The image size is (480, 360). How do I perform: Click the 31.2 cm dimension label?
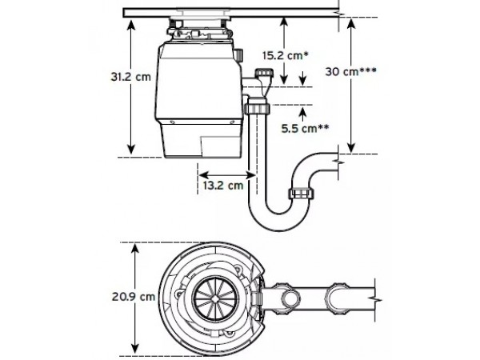click(x=130, y=77)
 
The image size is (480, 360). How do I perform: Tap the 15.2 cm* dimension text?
click(x=286, y=55)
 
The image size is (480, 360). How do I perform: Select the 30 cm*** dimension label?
click(x=351, y=71)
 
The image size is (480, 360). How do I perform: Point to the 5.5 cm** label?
click(x=306, y=128)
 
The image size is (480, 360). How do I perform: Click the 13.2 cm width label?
click(x=223, y=186)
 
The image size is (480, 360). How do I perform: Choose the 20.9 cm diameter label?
click(x=133, y=296)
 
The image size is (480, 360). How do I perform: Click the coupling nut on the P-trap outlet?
click(x=302, y=194)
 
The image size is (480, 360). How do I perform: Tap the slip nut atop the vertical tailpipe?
click(x=257, y=108)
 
